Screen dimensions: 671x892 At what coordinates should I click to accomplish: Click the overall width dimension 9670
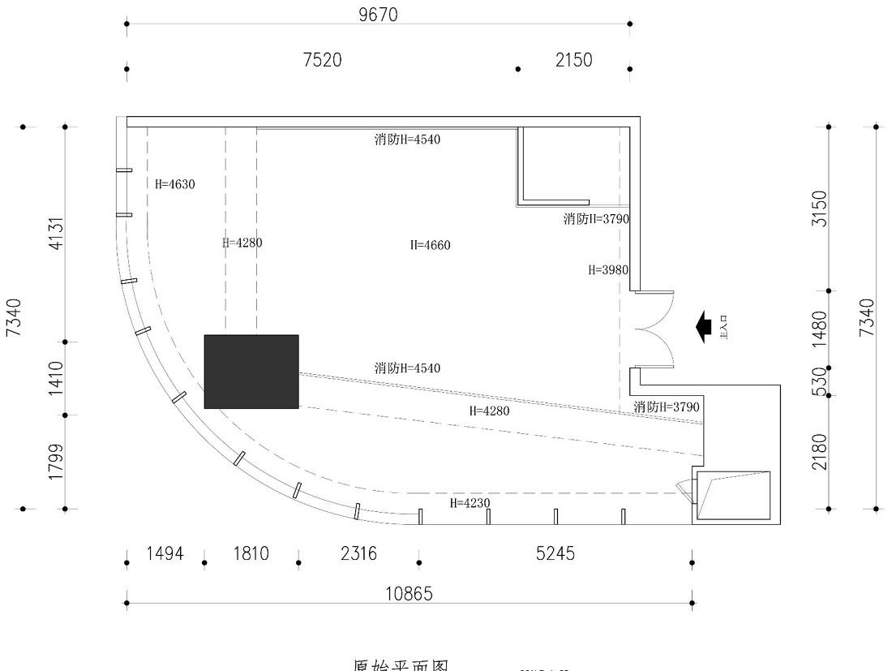click(x=379, y=15)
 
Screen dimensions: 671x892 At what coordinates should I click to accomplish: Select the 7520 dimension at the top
click(x=322, y=60)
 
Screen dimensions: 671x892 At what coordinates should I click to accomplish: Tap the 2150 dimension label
click(x=573, y=60)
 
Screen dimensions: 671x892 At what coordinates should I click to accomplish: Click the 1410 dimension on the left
click(x=56, y=378)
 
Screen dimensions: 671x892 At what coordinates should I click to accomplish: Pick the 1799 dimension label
click(x=56, y=461)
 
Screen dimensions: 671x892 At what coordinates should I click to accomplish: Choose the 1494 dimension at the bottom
click(x=165, y=553)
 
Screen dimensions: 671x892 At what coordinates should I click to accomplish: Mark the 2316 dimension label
click(x=358, y=553)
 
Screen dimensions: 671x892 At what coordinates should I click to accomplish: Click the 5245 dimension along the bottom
click(x=555, y=553)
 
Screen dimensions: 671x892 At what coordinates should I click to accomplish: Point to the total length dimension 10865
click(x=408, y=594)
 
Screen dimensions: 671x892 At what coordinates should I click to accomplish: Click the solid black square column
click(x=251, y=372)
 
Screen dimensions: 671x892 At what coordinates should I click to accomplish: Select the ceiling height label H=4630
click(x=175, y=184)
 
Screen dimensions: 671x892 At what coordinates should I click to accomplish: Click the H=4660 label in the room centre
click(x=430, y=245)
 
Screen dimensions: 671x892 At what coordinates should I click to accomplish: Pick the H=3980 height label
click(x=608, y=270)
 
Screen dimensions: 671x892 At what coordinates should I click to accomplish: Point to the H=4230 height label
click(x=470, y=503)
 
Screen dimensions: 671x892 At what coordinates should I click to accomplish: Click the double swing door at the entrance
click(x=654, y=329)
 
